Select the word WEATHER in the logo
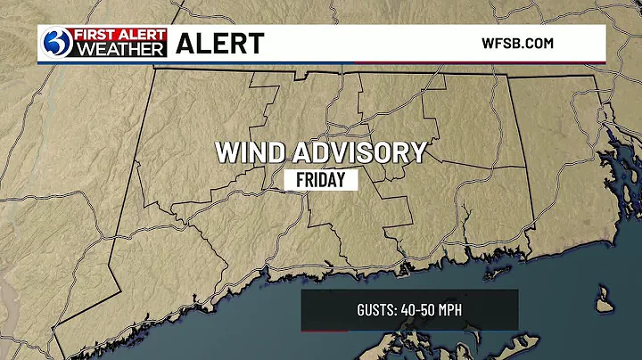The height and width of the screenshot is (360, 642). (119, 49)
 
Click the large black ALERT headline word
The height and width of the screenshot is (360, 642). (220, 42)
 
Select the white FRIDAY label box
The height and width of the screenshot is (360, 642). (326, 179)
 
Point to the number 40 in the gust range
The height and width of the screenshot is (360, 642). (409, 310)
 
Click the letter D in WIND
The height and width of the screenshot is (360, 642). (273, 151)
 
